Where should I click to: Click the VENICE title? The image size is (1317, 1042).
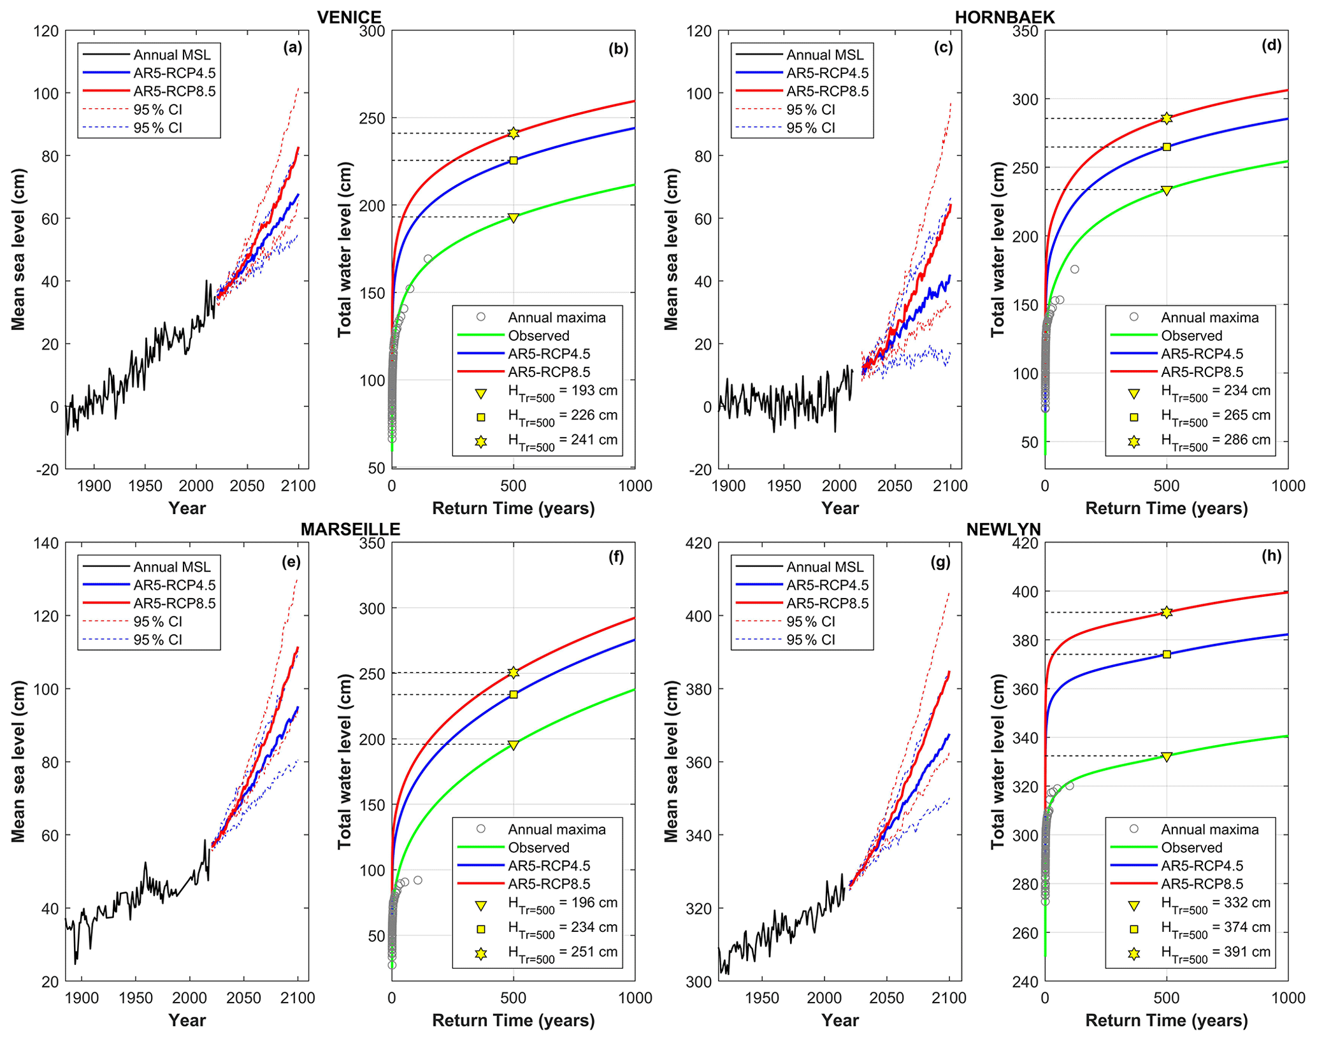point(349,17)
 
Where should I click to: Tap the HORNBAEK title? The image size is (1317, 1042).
point(1005,17)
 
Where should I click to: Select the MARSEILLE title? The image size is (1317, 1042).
point(350,529)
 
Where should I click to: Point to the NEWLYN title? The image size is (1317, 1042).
point(1004,529)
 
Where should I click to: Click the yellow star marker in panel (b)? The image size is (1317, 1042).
point(514,133)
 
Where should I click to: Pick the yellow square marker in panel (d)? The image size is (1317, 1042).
point(1167,147)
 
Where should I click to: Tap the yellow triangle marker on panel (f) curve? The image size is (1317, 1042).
point(514,745)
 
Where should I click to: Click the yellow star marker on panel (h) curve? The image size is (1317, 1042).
point(1167,612)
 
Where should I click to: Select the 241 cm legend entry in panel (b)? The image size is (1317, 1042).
point(562,441)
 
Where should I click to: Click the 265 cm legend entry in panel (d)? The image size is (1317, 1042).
point(1215,416)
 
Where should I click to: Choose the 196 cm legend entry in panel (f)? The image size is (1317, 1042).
point(562,904)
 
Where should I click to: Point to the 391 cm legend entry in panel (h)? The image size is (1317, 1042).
point(1215,953)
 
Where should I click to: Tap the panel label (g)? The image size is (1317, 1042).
point(940,562)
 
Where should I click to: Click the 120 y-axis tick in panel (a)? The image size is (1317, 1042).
point(45,31)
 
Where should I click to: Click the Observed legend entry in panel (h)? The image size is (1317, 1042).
point(1191,848)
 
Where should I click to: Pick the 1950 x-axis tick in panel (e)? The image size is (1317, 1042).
point(136,998)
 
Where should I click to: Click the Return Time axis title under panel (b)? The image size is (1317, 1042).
point(514,508)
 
